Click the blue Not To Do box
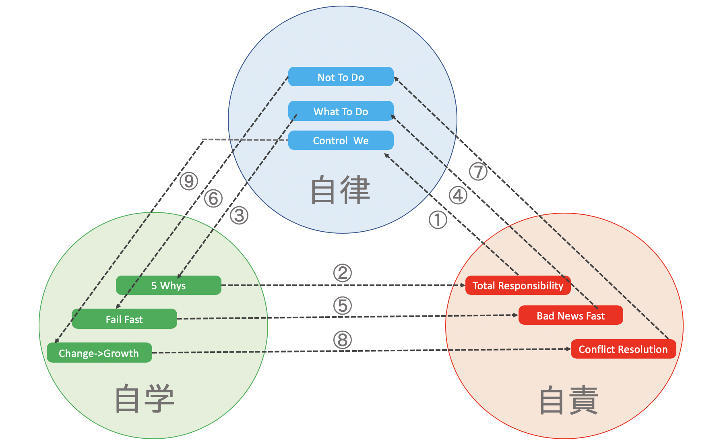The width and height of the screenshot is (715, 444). (x=341, y=77)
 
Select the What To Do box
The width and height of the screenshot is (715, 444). (x=341, y=111)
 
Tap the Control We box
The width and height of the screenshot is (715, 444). (x=341, y=141)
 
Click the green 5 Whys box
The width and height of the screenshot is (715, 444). (x=168, y=286)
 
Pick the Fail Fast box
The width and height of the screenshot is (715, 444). (x=124, y=319)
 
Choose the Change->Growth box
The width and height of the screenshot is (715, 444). (x=99, y=353)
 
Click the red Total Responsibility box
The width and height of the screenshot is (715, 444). (x=518, y=286)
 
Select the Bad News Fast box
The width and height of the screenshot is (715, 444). (x=570, y=315)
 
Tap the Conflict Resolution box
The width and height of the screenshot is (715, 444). (x=623, y=349)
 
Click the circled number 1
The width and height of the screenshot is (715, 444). (x=438, y=220)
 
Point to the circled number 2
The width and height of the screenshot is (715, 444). (x=343, y=273)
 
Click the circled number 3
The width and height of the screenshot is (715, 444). (x=239, y=216)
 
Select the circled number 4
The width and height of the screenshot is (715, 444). (x=458, y=195)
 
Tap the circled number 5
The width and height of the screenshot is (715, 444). (x=343, y=305)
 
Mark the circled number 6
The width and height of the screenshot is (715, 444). (x=213, y=198)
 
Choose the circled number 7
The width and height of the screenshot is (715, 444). (x=478, y=172)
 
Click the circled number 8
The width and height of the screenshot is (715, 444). (x=343, y=340)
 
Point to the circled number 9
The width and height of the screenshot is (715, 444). (x=189, y=181)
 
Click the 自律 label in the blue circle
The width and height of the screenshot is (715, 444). (x=340, y=190)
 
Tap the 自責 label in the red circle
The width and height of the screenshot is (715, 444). (x=568, y=400)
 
